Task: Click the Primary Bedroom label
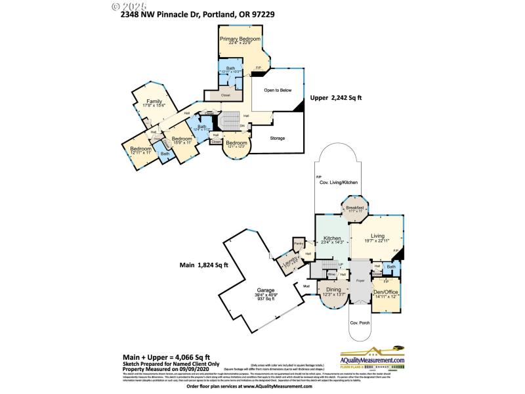coord(240,40)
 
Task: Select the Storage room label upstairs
coord(278,138)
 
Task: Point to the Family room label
coord(154,102)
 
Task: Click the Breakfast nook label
coord(355,208)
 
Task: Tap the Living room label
coord(377,238)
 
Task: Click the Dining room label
coord(333,290)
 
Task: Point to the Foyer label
coord(360,280)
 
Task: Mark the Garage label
coord(266,290)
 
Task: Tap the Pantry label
coord(299,244)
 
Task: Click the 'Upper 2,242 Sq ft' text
coord(336,98)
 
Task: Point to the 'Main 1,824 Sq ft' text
coord(204,265)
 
